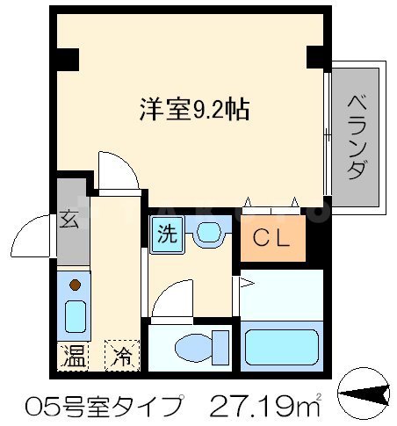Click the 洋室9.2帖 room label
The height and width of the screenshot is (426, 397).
[194, 109]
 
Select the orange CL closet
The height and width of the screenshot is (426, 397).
[273, 237]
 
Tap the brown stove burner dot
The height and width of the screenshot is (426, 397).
[75, 285]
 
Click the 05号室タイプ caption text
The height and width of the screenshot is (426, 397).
[98, 407]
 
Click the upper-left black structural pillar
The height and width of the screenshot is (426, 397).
[66, 59]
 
